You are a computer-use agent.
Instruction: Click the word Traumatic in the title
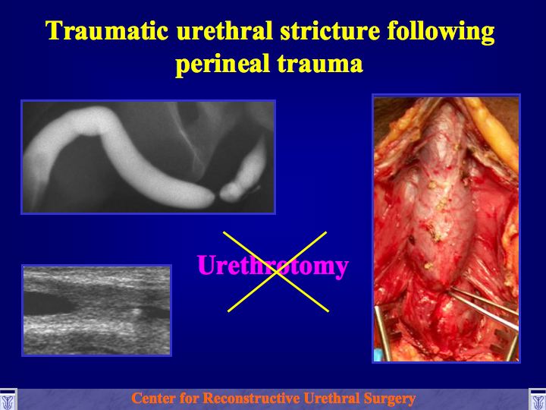pyautogui.click(x=107, y=30)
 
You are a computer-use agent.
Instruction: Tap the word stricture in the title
pyautogui.click(x=330, y=30)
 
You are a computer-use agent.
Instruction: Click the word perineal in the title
pyautogui.click(x=222, y=64)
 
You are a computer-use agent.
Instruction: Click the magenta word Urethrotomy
pyautogui.click(x=273, y=266)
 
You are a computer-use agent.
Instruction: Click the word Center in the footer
pyautogui.click(x=153, y=398)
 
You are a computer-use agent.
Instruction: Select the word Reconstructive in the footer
pyautogui.click(x=251, y=398)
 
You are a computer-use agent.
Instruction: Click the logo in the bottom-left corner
pyautogui.click(x=8, y=399)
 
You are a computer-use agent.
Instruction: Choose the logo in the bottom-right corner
pyautogui.click(x=538, y=399)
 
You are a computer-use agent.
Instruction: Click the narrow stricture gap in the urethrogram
pyautogui.click(x=217, y=197)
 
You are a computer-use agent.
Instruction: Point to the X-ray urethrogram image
pyautogui.click(x=149, y=157)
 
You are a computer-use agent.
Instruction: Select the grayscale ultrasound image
pyautogui.click(x=97, y=311)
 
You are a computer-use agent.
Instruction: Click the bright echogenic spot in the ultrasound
pyautogui.click(x=136, y=311)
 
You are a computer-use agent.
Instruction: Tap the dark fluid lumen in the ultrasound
pyautogui.click(x=49, y=303)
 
